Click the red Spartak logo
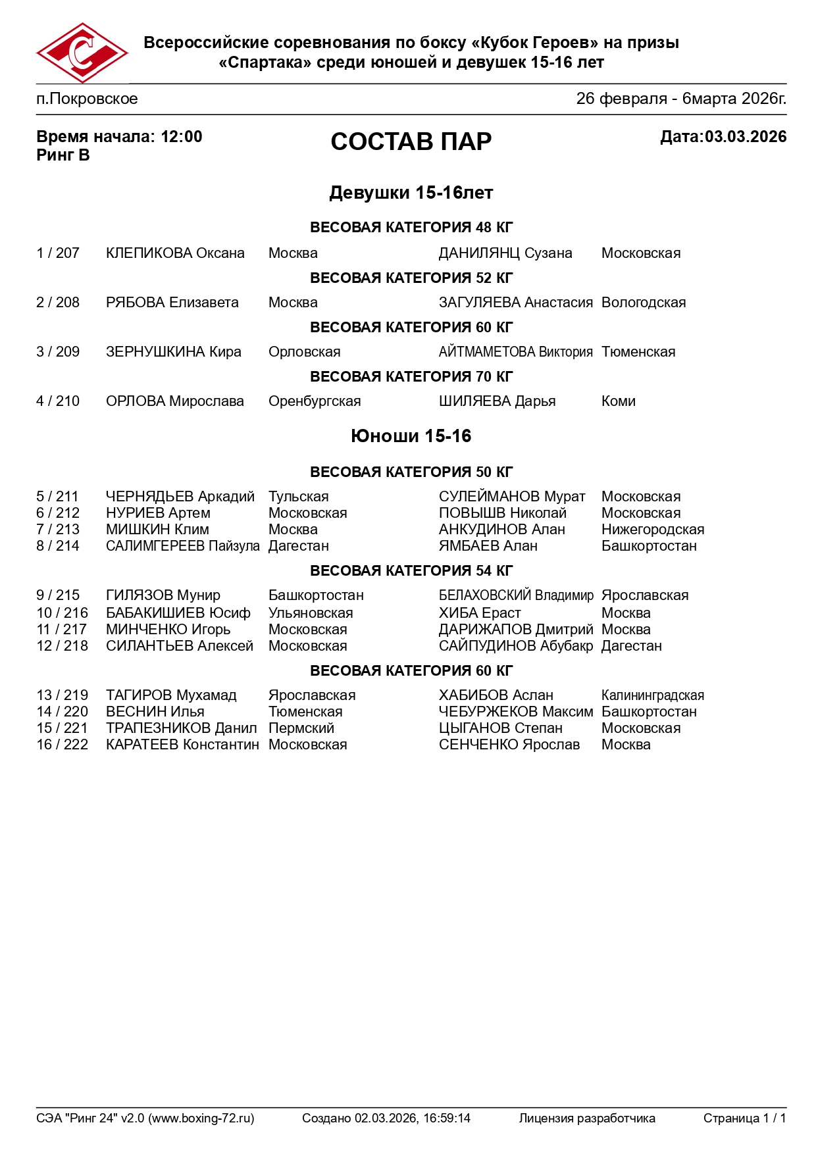(82, 53)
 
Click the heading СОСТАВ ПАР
(411, 141)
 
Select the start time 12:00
(182, 137)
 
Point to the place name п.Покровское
(87, 99)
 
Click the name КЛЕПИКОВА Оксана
(175, 253)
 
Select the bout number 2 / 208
(58, 303)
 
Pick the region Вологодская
(643, 303)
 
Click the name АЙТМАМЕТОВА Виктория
(515, 352)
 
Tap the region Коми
(618, 401)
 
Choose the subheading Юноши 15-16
(411, 436)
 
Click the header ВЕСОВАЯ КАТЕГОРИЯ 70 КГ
(411, 377)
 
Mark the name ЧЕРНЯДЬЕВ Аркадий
(180, 497)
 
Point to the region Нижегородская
(652, 530)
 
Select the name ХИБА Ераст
(479, 613)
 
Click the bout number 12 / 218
(62, 646)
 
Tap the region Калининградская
(652, 695)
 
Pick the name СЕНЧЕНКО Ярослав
(509, 745)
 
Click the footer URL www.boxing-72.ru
(201, 1118)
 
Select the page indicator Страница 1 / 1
(744, 1118)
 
